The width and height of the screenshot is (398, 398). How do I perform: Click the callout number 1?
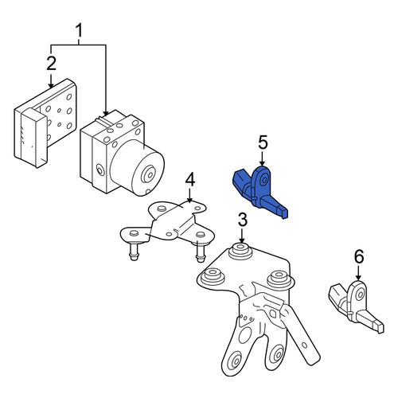(x=80, y=31)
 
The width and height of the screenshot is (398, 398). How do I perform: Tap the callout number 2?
(x=52, y=64)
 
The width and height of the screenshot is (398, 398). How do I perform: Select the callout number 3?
(x=242, y=220)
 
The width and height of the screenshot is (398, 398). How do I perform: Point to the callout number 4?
(x=190, y=180)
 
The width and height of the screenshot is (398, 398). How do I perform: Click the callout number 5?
(x=263, y=142)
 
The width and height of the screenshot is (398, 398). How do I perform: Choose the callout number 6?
(x=359, y=257)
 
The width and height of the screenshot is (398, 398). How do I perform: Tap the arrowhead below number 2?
(x=51, y=85)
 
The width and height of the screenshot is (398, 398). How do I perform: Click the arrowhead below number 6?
(x=358, y=277)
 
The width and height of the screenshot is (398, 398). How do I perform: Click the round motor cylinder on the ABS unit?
(x=138, y=168)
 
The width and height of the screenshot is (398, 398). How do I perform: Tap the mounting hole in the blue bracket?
(x=264, y=181)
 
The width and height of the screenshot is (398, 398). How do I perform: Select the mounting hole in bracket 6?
(x=360, y=295)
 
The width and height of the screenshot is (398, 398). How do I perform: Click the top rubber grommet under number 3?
(x=240, y=251)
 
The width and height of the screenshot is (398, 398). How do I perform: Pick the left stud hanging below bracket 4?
(x=134, y=251)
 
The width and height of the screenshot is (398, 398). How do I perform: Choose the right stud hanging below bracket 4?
(x=201, y=252)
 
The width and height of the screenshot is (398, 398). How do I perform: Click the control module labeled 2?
(x=45, y=123)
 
